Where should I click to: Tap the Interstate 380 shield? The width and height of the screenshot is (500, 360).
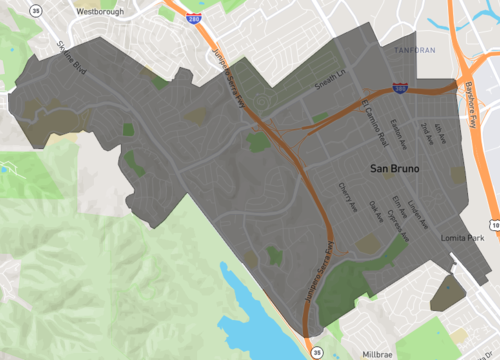click(x=398, y=89)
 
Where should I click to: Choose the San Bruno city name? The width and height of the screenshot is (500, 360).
click(x=394, y=169)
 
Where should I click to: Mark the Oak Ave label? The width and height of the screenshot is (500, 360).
click(x=377, y=210)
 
